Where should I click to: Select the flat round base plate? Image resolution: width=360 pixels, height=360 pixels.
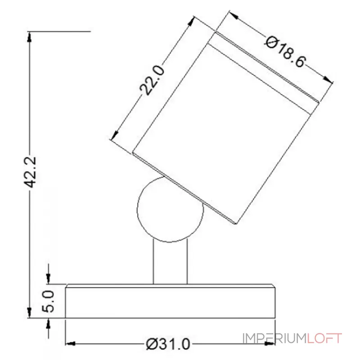click(170, 301)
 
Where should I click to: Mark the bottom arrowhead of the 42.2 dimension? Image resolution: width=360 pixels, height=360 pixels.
click(30, 314)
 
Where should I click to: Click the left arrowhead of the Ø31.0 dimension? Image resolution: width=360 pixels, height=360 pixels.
click(70, 345)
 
